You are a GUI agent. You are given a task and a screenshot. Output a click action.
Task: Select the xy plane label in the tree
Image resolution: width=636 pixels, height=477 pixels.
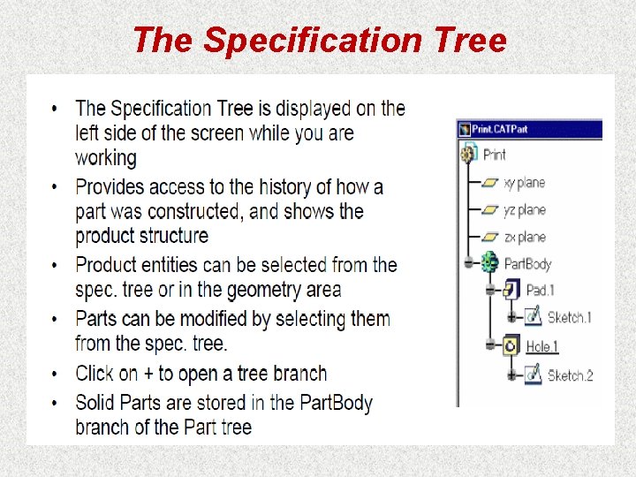524,183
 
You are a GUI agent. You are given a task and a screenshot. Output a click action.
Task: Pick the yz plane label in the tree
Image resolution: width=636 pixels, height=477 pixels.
524,210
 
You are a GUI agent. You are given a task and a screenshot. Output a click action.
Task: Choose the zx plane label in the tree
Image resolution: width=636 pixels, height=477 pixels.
524,237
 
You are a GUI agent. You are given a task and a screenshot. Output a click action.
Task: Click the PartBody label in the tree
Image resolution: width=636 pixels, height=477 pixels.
527,263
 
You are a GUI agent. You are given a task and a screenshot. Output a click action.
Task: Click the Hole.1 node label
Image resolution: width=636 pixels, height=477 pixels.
542,346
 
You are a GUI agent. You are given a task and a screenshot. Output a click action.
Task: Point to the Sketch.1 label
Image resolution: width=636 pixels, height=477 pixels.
569,317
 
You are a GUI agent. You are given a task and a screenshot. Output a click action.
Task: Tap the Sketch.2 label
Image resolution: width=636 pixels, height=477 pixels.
570,375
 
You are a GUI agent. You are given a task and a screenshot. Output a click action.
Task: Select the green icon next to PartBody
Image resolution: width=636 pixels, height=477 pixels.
490,262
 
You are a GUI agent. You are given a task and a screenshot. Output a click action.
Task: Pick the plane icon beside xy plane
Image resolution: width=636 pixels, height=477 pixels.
489,183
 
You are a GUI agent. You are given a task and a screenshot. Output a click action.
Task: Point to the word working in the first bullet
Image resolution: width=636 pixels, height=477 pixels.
106,158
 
